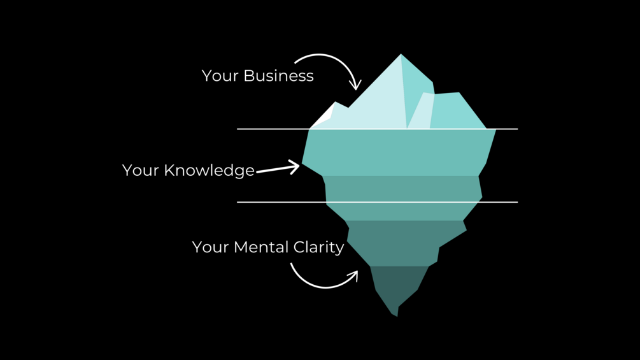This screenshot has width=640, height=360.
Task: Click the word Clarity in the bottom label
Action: [319, 247]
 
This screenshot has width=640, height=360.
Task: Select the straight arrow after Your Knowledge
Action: [278, 169]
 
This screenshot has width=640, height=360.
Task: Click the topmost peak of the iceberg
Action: [401, 55]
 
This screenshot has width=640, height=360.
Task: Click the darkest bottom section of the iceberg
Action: [398, 284]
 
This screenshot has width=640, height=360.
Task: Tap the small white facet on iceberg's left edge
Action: [325, 117]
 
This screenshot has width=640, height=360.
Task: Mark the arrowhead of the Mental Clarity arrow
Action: [353, 275]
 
